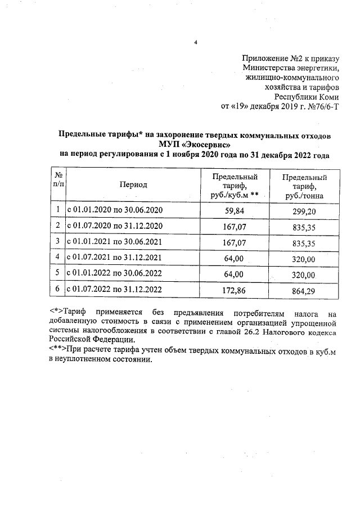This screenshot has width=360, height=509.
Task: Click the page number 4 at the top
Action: click(196, 42)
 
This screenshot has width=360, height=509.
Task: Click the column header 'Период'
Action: click(133, 184)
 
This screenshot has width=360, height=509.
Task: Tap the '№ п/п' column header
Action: click(58, 180)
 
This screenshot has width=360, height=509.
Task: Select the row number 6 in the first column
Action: click(58, 290)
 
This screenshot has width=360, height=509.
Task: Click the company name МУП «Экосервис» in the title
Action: click(195, 144)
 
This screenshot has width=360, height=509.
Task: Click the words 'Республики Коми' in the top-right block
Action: click(311, 96)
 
